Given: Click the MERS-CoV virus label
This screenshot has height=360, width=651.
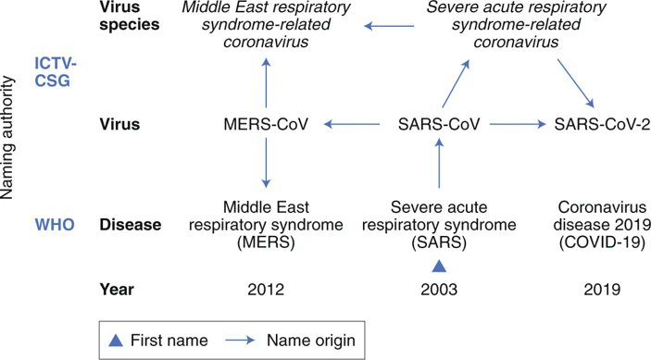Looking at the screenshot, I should click(266, 123).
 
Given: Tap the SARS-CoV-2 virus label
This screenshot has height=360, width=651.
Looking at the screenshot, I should click(595, 123).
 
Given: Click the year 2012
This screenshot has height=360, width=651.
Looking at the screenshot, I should click(266, 290).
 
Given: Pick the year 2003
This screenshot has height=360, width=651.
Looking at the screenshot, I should click(438, 290).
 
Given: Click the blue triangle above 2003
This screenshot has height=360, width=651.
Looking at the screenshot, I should click(438, 266).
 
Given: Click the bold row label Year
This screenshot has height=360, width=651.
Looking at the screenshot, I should click(118, 290).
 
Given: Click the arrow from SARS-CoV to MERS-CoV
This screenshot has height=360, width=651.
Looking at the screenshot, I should click(353, 123).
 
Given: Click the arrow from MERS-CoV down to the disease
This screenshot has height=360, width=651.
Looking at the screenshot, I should click(266, 163).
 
